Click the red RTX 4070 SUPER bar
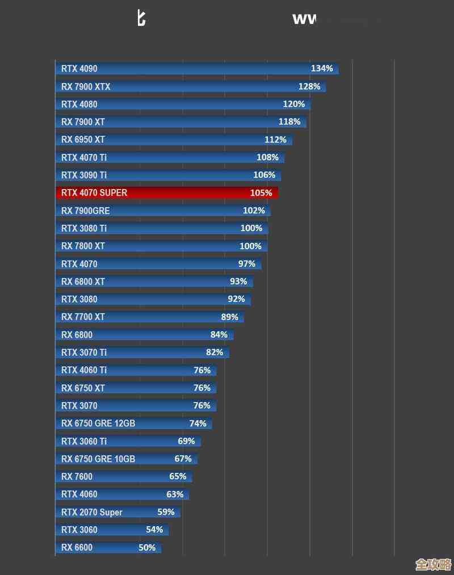pyautogui.click(x=167, y=193)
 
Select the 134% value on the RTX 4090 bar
pyautogui.click(x=322, y=69)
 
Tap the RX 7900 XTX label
pyautogui.click(x=86, y=87)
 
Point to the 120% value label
pyautogui.click(x=294, y=104)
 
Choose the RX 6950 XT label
pyautogui.click(x=83, y=140)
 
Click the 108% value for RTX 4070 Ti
pyautogui.click(x=268, y=157)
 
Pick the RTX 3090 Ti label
pyautogui.click(x=84, y=175)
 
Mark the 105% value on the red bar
pyautogui.click(x=261, y=193)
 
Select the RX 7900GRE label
pyautogui.click(x=86, y=211)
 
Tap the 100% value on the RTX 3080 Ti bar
pyautogui.click(x=251, y=228)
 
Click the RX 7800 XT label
pyautogui.click(x=83, y=246)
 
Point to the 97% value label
pyautogui.click(x=247, y=264)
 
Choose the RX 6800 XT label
pyautogui.click(x=83, y=282)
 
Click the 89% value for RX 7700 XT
pyautogui.click(x=230, y=317)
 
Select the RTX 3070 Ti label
pyautogui.click(x=84, y=352)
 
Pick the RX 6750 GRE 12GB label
pyautogui.click(x=98, y=423)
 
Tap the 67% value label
pyautogui.click(x=183, y=459)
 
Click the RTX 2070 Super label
pyautogui.click(x=92, y=512)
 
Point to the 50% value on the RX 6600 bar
pyautogui.click(x=147, y=548)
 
